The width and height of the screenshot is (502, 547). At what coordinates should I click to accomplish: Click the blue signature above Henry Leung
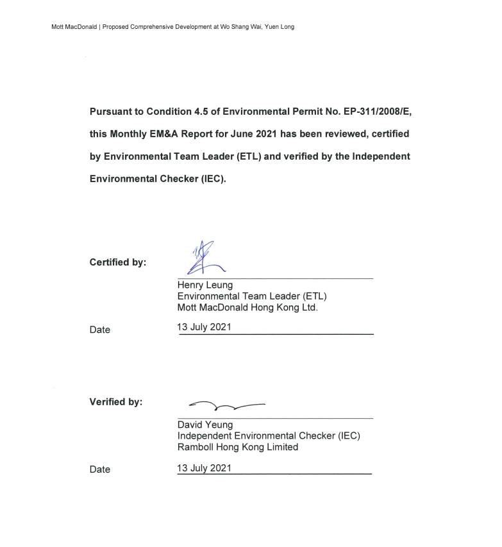tap(205, 258)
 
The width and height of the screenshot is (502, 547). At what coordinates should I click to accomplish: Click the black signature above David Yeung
tap(226, 405)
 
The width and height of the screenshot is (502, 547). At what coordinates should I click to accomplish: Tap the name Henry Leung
tap(205, 285)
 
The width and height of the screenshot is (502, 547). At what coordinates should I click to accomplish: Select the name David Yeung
tap(205, 425)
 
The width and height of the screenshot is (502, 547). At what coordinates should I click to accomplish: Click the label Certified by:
tap(118, 262)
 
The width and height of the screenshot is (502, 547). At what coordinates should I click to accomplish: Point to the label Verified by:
tap(116, 402)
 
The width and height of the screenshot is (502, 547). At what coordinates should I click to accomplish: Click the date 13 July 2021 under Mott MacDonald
tap(204, 327)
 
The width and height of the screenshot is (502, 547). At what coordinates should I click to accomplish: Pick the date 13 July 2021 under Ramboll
tap(204, 468)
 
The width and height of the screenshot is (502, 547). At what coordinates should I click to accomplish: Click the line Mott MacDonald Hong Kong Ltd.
tap(247, 307)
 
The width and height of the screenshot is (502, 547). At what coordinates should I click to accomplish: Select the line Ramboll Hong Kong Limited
tap(238, 447)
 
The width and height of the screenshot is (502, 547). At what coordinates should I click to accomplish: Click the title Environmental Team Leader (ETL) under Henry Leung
tap(252, 296)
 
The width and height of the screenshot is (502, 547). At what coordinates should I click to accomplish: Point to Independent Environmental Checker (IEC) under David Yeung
tap(269, 436)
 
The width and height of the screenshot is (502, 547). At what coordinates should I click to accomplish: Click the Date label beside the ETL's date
tap(100, 330)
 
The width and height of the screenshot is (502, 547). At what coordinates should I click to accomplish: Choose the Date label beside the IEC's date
tap(100, 469)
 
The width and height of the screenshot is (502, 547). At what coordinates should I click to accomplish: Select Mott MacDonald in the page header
tap(74, 27)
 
